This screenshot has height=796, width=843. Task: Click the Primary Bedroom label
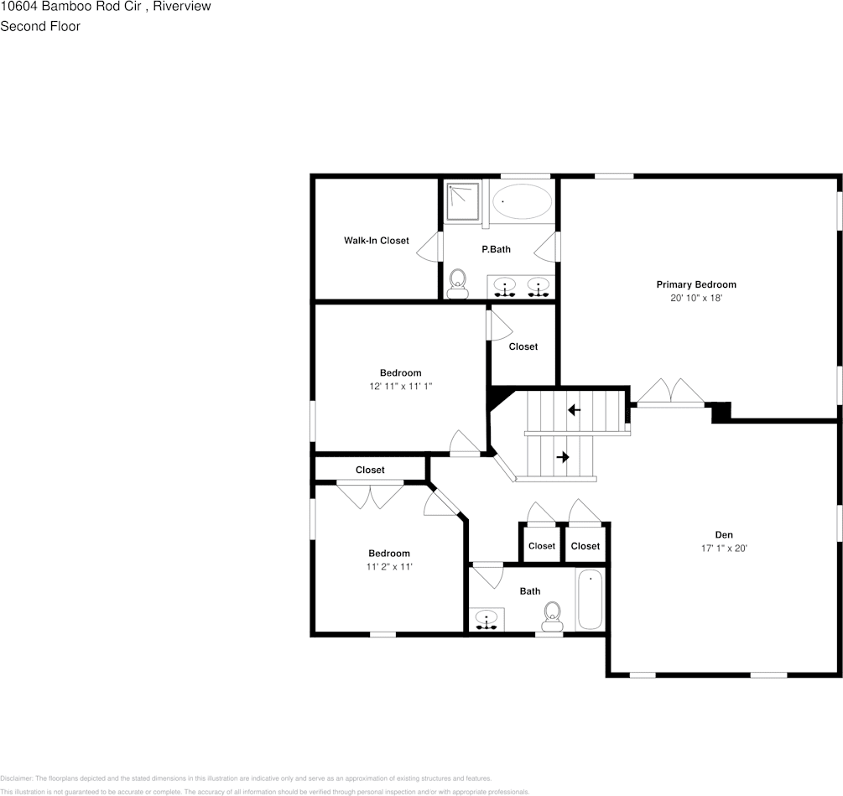click(x=695, y=284)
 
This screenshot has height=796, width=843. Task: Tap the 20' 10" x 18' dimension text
click(x=695, y=298)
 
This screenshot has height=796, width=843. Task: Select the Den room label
click(x=723, y=534)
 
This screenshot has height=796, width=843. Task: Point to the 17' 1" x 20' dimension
click(x=723, y=549)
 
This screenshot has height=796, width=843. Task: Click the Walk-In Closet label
click(x=376, y=241)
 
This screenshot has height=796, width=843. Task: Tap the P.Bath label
click(x=496, y=249)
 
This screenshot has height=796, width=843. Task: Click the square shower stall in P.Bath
click(x=462, y=201)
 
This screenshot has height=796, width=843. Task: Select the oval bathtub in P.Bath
click(x=521, y=202)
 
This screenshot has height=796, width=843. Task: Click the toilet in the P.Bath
click(x=457, y=283)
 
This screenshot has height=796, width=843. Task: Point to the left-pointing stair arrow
click(x=575, y=410)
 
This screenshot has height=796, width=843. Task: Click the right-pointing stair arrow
click(x=562, y=457)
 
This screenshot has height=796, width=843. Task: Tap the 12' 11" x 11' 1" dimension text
click(x=400, y=387)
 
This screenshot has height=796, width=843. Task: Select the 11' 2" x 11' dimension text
click(x=389, y=567)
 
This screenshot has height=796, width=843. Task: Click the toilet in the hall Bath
click(x=552, y=616)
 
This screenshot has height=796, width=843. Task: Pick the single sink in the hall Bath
click(x=487, y=620)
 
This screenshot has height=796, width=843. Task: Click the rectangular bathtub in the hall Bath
click(x=590, y=599)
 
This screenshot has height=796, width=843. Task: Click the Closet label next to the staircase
click(x=523, y=346)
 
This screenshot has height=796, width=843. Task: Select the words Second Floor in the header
click(x=40, y=26)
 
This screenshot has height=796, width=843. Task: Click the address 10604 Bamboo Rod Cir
click(x=68, y=7)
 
